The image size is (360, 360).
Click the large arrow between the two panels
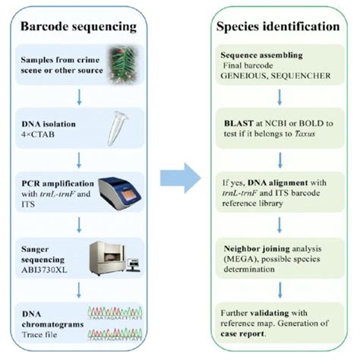[x=181, y=179]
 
